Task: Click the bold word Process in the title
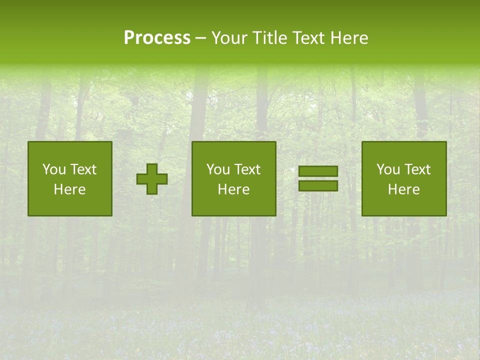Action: pyautogui.click(x=157, y=38)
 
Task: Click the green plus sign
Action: pyautogui.click(x=152, y=179)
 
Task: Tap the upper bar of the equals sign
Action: pyautogui.click(x=318, y=171)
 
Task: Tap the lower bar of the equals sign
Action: pyautogui.click(x=318, y=185)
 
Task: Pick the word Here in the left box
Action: pyautogui.click(x=69, y=189)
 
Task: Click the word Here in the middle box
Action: pyautogui.click(x=233, y=189)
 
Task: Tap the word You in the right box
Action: pyautogui.click(x=388, y=169)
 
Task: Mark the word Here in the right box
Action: pyautogui.click(x=403, y=189)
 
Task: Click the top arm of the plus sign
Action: pyautogui.click(x=152, y=168)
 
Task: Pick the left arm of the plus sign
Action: pyautogui.click(x=141, y=179)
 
